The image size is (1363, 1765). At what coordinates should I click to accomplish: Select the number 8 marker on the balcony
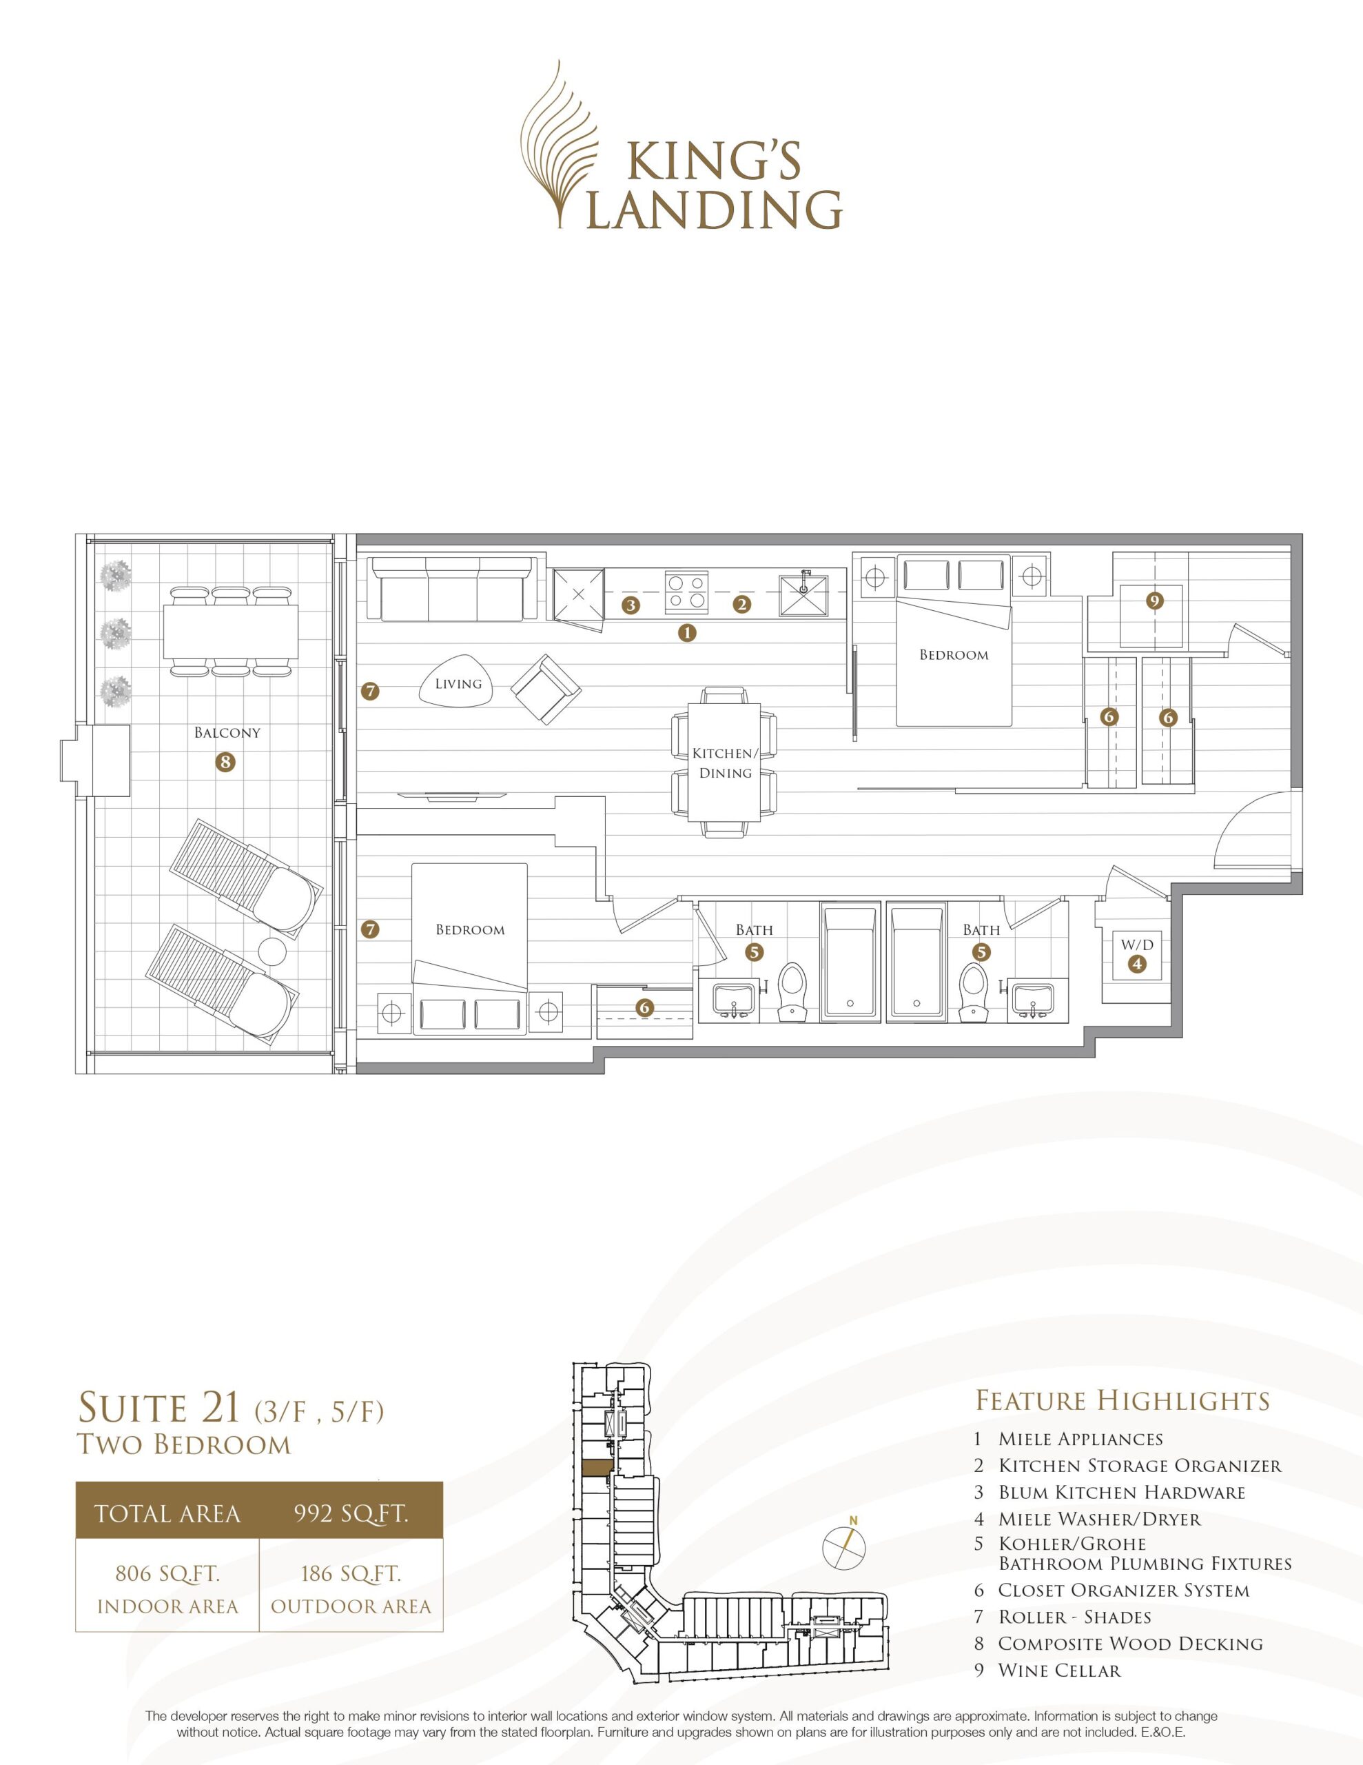225,761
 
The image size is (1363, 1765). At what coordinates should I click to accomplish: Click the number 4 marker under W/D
1137,963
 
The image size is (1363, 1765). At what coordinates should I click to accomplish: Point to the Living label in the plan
458,684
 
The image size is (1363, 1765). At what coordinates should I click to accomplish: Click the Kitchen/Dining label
725,763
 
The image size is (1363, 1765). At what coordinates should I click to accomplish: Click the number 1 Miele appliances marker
687,633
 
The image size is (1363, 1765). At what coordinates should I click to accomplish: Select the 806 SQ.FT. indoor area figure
168,1573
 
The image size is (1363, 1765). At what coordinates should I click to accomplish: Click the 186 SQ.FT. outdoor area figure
351,1573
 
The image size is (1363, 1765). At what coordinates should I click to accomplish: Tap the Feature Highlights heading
1123,1400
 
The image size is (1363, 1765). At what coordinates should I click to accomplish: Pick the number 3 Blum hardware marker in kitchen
631,605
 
